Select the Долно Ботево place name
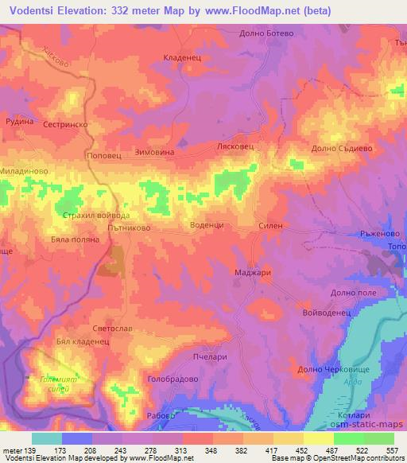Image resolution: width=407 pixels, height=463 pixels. pyautogui.click(x=266, y=33)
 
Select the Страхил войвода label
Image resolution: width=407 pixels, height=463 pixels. pyautogui.click(x=95, y=215)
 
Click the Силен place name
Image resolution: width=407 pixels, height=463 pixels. pyautogui.click(x=271, y=226)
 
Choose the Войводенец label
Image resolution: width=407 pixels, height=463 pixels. pyautogui.click(x=327, y=313)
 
